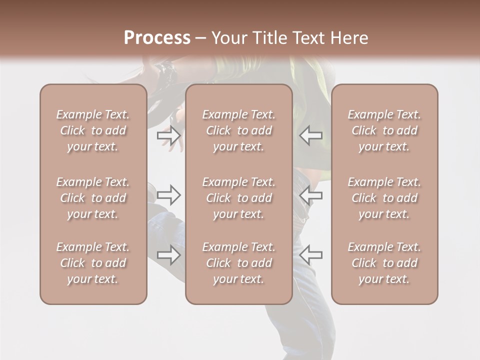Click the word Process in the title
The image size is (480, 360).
157,38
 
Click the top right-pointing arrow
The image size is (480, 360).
168,135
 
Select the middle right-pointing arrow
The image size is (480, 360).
168,195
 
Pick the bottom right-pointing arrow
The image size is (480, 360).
168,255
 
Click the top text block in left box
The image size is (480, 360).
93,130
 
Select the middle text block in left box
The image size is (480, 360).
93,198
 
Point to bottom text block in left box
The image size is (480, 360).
93,263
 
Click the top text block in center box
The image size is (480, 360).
239,130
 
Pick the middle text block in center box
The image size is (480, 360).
239,198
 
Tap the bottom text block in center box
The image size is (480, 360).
239,263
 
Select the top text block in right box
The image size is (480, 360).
384,130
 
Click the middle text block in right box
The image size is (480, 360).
384,198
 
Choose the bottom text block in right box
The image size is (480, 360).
384,263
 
